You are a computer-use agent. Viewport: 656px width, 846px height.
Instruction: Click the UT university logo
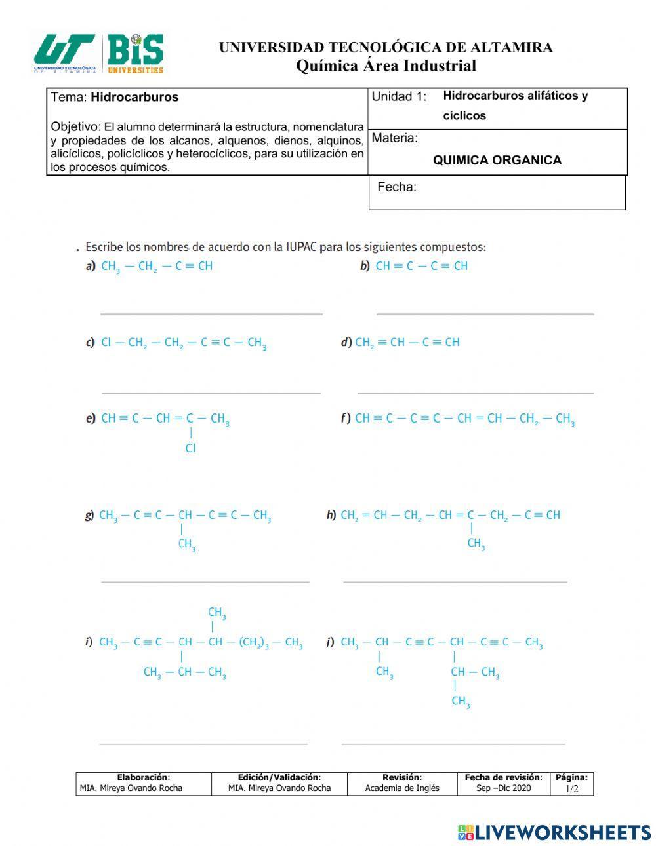coord(65,53)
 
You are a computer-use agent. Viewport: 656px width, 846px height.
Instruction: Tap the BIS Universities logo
coord(135,53)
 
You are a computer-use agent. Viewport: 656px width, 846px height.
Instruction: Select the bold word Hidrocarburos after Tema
coord(134,97)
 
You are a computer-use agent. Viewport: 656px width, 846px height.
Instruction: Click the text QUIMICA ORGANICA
coord(497,160)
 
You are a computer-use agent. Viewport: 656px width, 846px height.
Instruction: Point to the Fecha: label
coord(396,187)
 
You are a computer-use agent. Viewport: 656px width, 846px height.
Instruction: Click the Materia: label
coord(394,138)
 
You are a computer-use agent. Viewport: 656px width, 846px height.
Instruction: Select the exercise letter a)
coord(91,266)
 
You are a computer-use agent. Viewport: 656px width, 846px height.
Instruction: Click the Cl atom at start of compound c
coord(106,343)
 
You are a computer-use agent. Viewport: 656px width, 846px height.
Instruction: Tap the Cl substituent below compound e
coord(190,449)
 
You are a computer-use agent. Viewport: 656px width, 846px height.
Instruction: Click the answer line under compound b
coord(485,314)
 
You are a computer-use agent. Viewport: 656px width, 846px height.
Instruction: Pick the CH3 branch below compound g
coord(187,545)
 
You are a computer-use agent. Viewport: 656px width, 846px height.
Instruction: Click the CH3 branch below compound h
coord(476,544)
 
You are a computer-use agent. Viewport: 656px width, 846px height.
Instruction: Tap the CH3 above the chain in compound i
coord(217,613)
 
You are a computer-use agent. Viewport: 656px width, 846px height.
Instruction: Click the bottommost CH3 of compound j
coord(461,702)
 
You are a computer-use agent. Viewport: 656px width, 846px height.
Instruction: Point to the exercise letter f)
coord(345,418)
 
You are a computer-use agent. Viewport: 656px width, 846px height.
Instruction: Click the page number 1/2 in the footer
coord(571,788)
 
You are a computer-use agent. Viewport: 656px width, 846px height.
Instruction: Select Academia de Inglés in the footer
coord(401,788)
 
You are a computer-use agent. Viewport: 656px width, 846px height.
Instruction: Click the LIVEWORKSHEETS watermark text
coord(562,832)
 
